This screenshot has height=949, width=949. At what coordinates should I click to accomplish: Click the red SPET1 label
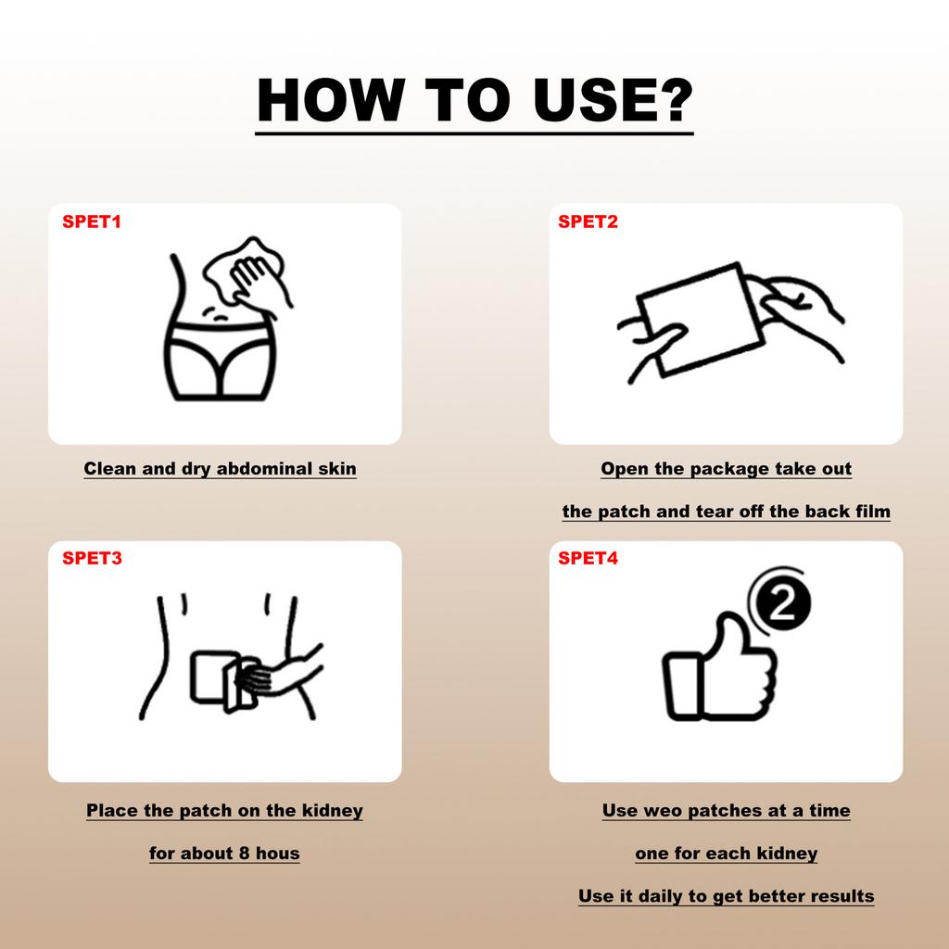(x=92, y=221)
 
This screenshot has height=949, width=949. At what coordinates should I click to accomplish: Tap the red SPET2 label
(x=588, y=221)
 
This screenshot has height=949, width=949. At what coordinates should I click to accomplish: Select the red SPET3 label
(x=92, y=558)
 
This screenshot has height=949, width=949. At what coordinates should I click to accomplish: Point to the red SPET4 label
(x=588, y=558)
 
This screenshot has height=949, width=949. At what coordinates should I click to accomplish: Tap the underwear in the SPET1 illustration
(x=221, y=361)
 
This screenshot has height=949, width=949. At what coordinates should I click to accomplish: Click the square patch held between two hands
(x=700, y=319)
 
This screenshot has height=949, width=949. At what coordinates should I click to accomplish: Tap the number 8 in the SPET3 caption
(x=244, y=854)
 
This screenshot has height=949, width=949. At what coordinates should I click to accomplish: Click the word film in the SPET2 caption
(x=873, y=512)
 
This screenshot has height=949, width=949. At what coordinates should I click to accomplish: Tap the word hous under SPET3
(x=278, y=854)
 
